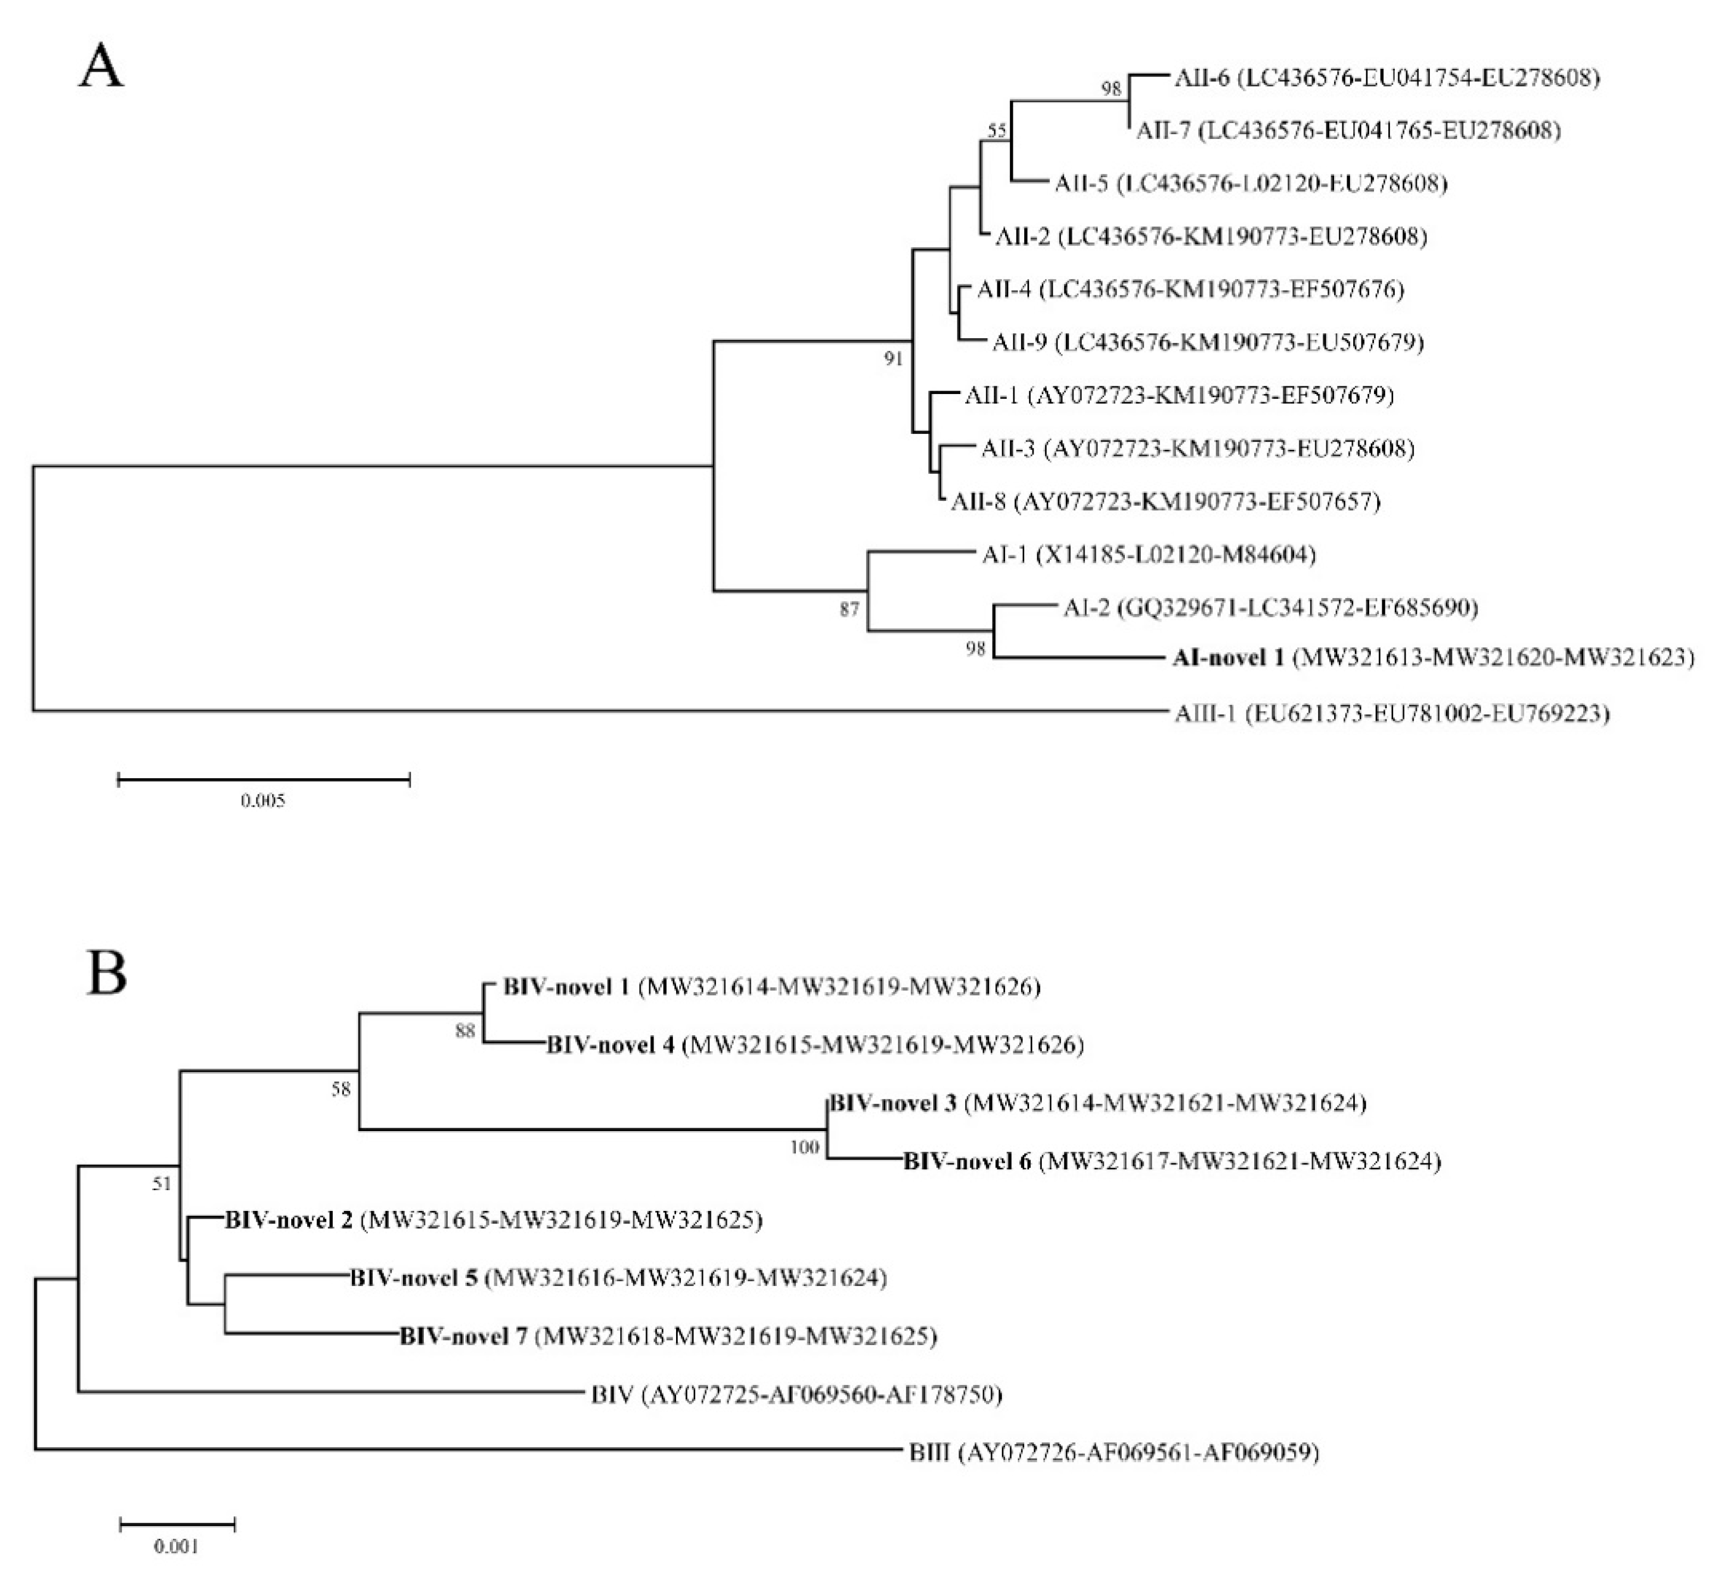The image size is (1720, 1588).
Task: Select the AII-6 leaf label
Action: click(1202, 78)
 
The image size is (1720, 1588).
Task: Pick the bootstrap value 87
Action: click(849, 609)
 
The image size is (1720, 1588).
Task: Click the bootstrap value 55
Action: click(997, 131)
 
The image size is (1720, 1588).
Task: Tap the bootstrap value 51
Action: click(161, 1184)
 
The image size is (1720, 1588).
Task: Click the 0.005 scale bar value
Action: click(262, 801)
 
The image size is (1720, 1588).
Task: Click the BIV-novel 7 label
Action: click(463, 1336)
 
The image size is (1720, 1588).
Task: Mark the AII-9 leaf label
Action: click(1019, 343)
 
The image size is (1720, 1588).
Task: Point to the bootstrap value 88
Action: click(465, 1031)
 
